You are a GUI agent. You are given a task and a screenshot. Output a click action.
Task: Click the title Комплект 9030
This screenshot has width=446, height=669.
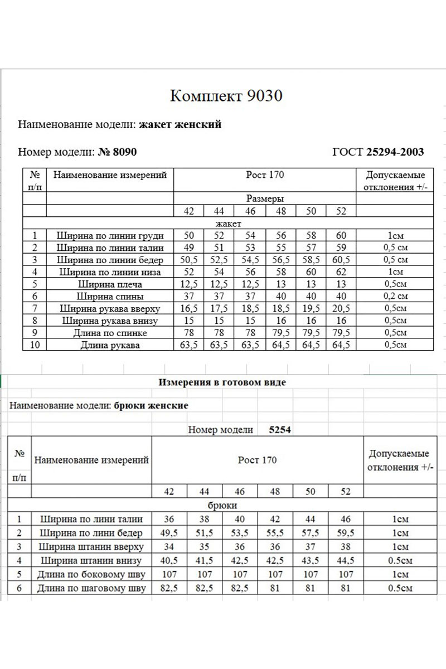point(226,96)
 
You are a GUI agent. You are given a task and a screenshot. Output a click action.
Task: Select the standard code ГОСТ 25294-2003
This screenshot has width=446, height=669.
point(377,152)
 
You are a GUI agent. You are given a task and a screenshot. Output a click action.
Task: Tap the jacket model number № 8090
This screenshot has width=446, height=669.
point(117,152)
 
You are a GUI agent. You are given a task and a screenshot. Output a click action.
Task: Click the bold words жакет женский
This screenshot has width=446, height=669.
point(180,124)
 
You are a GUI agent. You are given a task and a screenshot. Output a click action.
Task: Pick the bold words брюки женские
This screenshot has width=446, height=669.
point(151,405)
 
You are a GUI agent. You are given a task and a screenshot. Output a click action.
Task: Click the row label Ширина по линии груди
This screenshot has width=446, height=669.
point(110,236)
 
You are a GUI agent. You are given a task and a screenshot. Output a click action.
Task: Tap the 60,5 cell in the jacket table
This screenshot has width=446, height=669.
point(341,260)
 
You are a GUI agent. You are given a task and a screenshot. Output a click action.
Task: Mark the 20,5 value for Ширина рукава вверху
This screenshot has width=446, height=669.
point(341,309)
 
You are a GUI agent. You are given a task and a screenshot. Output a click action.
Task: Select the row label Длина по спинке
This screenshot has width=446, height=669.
point(110,333)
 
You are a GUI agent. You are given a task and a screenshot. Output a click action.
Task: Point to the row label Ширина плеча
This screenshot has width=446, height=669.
point(110,284)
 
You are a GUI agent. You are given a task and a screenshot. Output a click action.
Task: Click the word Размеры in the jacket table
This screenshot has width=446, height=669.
point(265,198)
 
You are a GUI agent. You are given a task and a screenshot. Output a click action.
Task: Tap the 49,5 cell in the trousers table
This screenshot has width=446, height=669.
point(169,532)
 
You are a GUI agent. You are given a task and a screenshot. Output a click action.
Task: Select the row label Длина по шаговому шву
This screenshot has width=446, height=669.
point(91,588)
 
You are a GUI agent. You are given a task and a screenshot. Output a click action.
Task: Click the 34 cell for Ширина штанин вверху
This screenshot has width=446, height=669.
point(169,546)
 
